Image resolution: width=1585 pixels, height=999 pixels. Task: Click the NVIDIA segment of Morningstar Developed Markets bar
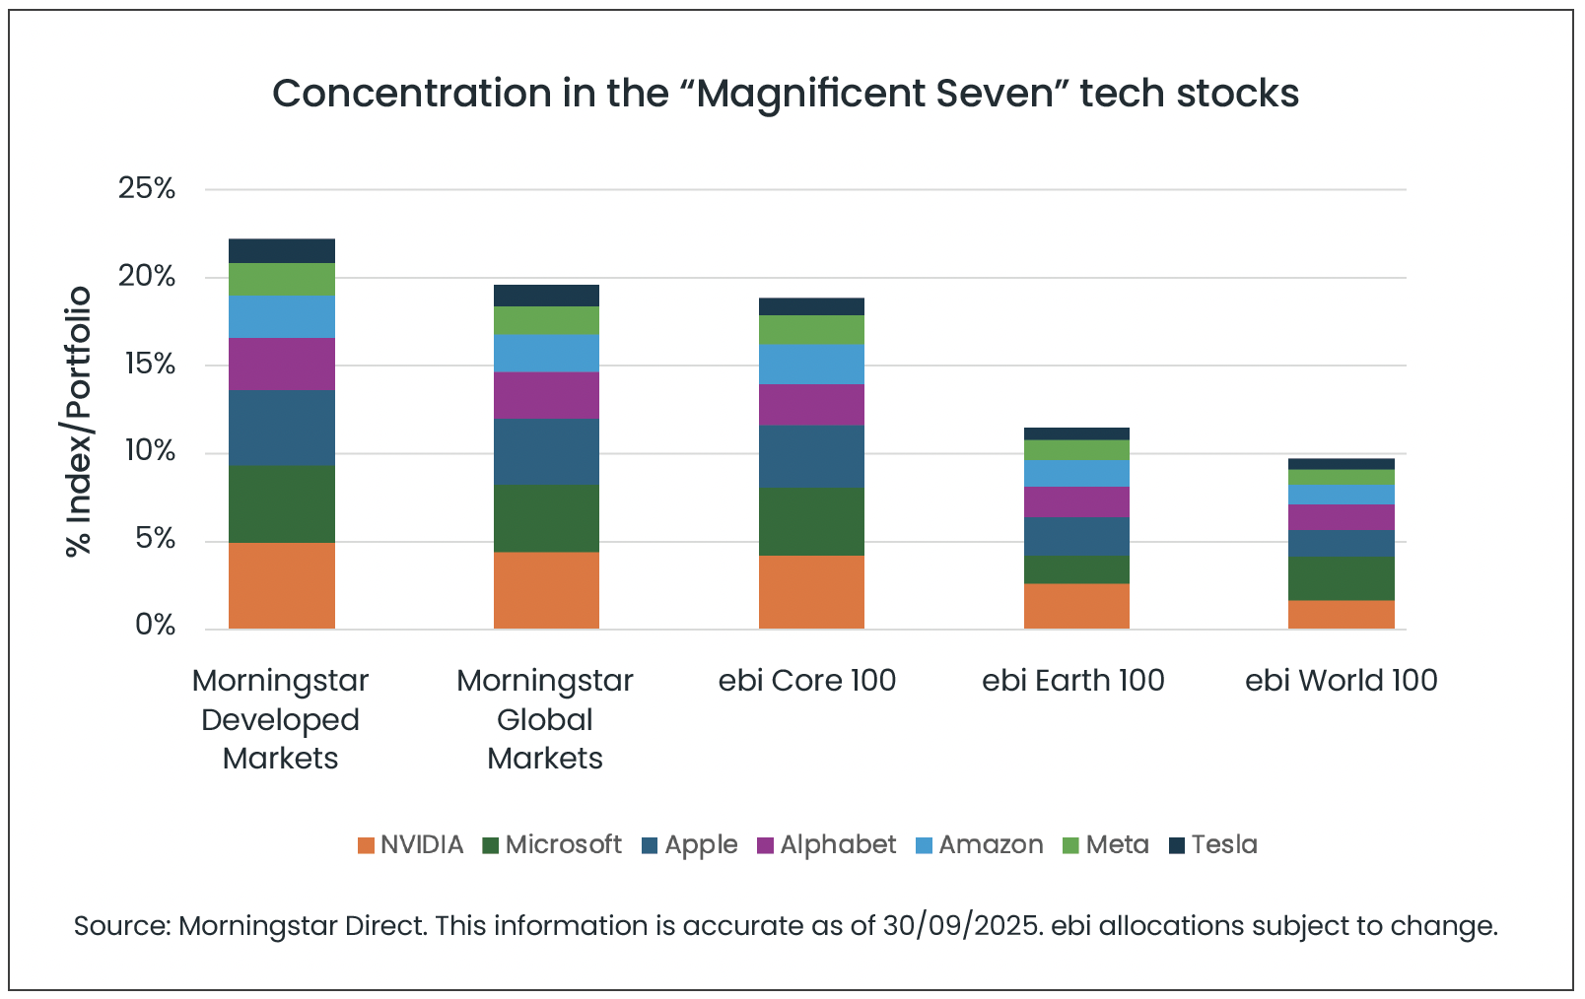pyautogui.click(x=281, y=585)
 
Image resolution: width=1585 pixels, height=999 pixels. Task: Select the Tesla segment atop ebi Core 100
pyautogui.click(x=811, y=306)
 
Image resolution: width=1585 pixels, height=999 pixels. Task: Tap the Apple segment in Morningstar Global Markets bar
pyautogui.click(x=546, y=451)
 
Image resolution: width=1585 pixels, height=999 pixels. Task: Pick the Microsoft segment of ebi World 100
pyautogui.click(x=1342, y=578)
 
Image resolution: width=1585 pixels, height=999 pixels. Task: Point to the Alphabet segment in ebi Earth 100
pyautogui.click(x=1076, y=501)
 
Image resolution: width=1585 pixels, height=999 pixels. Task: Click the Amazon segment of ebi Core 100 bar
pyautogui.click(x=811, y=364)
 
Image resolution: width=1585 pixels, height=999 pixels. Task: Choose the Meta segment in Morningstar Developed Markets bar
pyautogui.click(x=281, y=279)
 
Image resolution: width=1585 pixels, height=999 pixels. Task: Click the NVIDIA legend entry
pyautogui.click(x=411, y=844)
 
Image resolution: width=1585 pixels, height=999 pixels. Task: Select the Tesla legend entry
pyautogui.click(x=1213, y=844)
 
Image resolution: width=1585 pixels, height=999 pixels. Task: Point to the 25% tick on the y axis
pyautogui.click(x=147, y=188)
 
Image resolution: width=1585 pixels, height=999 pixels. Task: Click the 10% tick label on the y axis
pyautogui.click(x=147, y=451)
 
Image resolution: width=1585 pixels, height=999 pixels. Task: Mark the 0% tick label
pyautogui.click(x=155, y=626)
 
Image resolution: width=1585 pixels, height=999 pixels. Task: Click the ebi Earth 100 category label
pyautogui.click(x=1073, y=680)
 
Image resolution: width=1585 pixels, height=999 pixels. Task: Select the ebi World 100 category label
pyautogui.click(x=1341, y=680)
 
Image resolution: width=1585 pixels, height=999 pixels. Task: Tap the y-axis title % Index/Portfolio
pyautogui.click(x=78, y=422)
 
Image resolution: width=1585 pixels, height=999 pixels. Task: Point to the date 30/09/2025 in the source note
pyautogui.click(x=961, y=926)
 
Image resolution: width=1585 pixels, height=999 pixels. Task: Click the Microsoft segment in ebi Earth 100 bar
pyautogui.click(x=1076, y=569)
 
